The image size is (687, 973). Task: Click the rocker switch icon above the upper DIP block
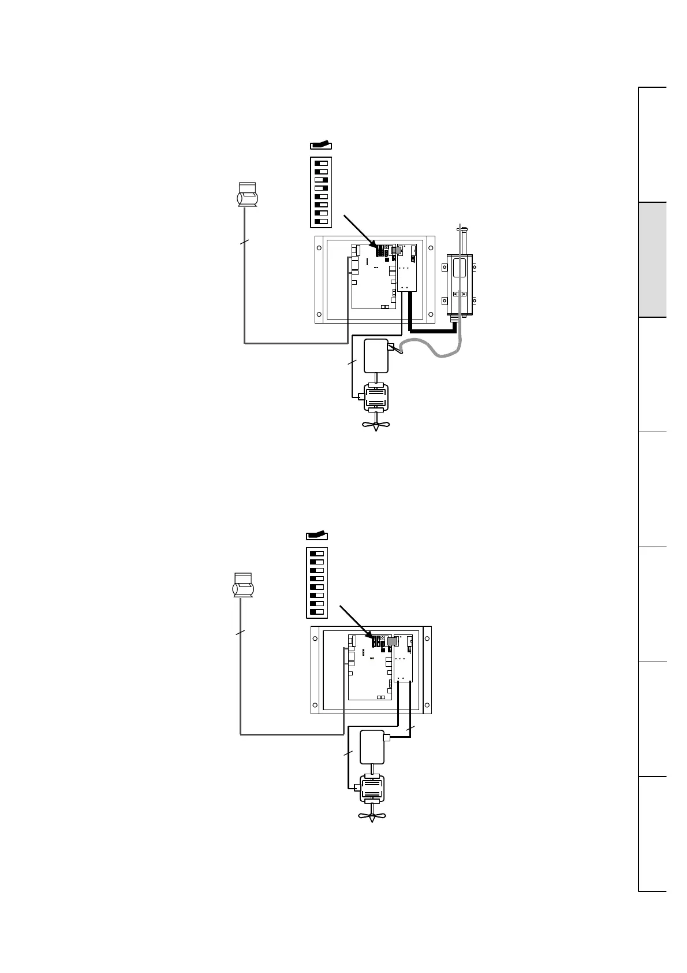(x=320, y=145)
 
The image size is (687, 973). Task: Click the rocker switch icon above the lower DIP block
(x=316, y=536)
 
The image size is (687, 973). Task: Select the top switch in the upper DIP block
(x=321, y=163)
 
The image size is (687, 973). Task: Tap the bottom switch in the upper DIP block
(x=321, y=221)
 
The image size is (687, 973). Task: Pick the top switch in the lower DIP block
(x=317, y=554)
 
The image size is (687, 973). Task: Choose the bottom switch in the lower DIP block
(x=317, y=611)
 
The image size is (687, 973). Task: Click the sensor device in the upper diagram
(x=247, y=195)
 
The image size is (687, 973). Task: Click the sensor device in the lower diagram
(x=243, y=585)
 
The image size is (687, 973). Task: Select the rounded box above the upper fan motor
(x=376, y=356)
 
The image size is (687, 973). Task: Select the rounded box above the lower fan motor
(x=372, y=747)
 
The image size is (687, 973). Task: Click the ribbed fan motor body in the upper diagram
(x=376, y=398)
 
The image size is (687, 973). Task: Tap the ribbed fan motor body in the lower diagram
(x=372, y=789)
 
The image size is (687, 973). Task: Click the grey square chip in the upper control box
(x=397, y=251)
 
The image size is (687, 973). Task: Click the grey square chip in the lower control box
(x=392, y=641)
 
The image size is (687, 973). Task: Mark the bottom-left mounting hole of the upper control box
(x=319, y=315)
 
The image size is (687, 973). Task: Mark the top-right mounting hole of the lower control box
(x=427, y=638)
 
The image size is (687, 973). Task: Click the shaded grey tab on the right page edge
(x=652, y=259)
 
